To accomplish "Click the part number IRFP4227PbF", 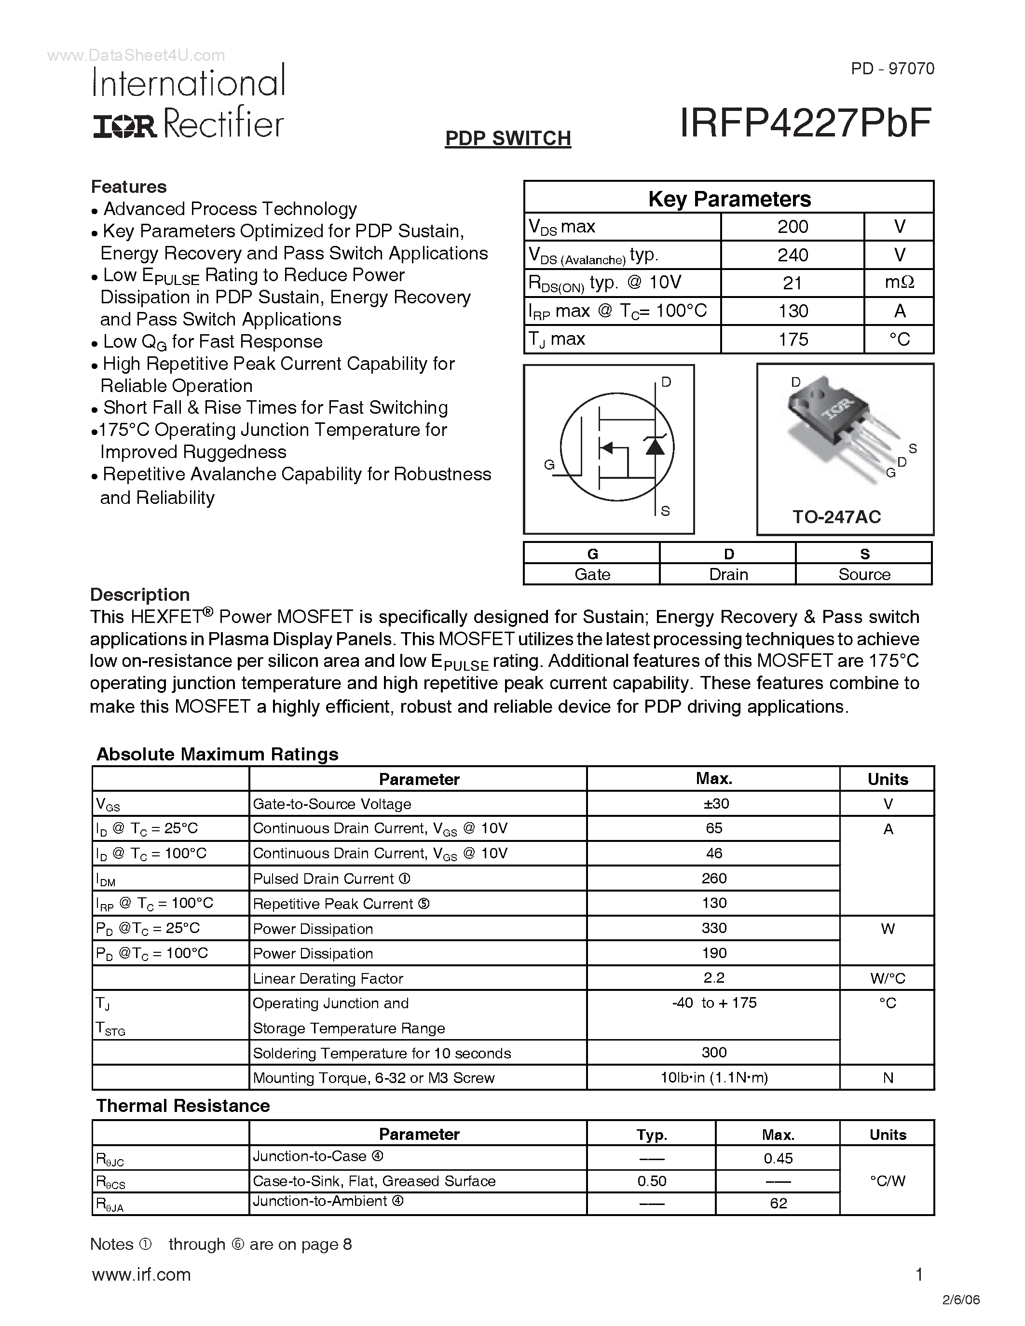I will pyautogui.click(x=805, y=124).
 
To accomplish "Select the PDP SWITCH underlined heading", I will pyautogui.click(x=507, y=138).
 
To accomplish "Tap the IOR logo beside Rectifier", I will pyautogui.click(x=124, y=126).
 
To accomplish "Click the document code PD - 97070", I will pyautogui.click(x=892, y=68).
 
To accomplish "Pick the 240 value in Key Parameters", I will pyautogui.click(x=792, y=255).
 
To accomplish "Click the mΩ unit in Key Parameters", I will pyautogui.click(x=899, y=283).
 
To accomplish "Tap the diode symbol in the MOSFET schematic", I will pyautogui.click(x=655, y=446).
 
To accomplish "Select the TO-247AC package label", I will pyautogui.click(x=836, y=517).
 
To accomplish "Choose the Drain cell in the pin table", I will pyautogui.click(x=728, y=574).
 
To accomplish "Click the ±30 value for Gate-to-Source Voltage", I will pyautogui.click(x=714, y=804).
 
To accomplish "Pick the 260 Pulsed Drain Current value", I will pyautogui.click(x=714, y=879).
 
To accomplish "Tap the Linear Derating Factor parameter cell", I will pyautogui.click(x=328, y=978).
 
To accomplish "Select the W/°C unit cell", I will pyautogui.click(x=887, y=978).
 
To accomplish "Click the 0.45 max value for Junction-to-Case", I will pyautogui.click(x=778, y=1158).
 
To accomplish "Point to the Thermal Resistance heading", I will pyautogui.click(x=183, y=1106).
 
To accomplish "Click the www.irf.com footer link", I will pyautogui.click(x=141, y=1274).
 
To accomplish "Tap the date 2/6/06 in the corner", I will pyautogui.click(x=962, y=1299).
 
